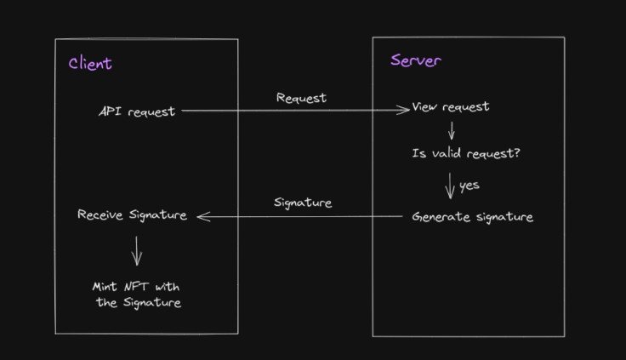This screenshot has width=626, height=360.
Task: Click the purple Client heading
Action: (89, 64)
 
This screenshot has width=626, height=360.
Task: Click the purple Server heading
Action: (416, 60)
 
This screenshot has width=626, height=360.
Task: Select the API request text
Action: (137, 111)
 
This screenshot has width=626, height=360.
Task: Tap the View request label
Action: (451, 107)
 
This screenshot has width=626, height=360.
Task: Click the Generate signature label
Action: (472, 217)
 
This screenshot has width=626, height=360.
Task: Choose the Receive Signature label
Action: (132, 214)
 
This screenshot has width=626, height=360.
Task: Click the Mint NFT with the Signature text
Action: (137, 294)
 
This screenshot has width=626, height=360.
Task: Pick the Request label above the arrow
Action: (301, 98)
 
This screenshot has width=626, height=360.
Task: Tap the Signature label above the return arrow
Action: (303, 203)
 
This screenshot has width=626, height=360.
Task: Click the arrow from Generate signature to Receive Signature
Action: (298, 217)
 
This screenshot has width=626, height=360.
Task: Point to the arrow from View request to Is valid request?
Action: (451, 130)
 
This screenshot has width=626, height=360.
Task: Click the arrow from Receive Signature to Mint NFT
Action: (137, 251)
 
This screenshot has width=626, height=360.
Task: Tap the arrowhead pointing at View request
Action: (405, 109)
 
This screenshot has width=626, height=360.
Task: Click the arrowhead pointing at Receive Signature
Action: (202, 217)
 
